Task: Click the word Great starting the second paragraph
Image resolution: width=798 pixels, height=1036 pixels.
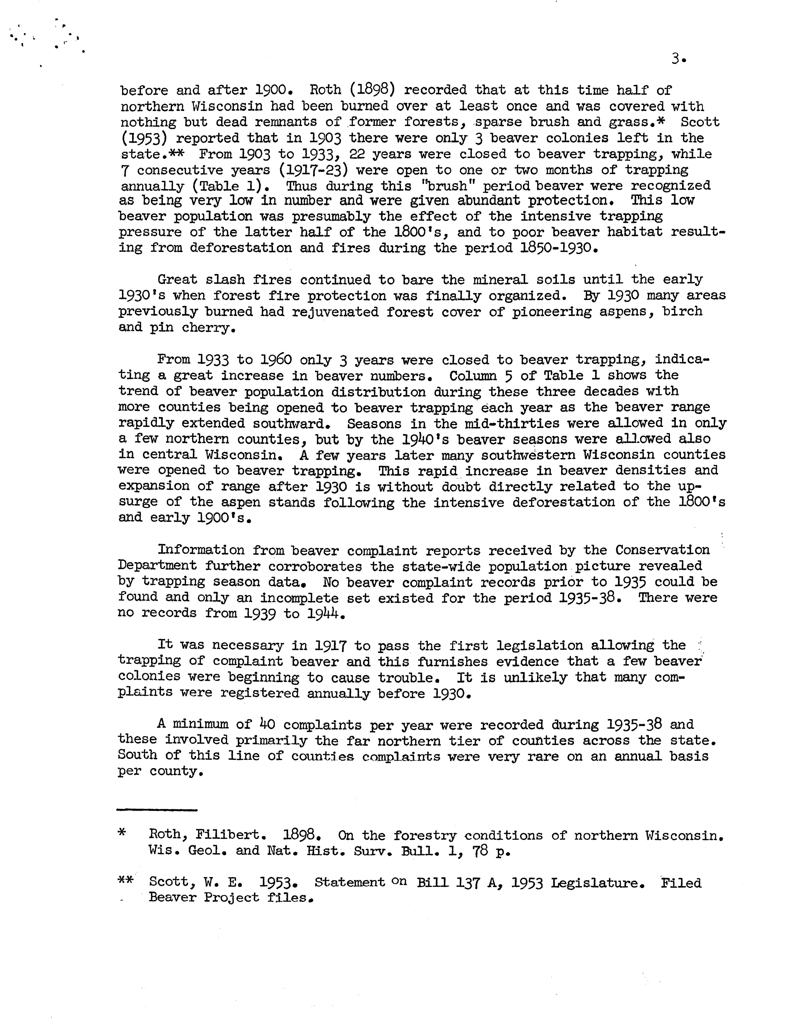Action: [177, 280]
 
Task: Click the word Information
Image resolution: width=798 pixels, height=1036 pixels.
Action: [201, 550]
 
